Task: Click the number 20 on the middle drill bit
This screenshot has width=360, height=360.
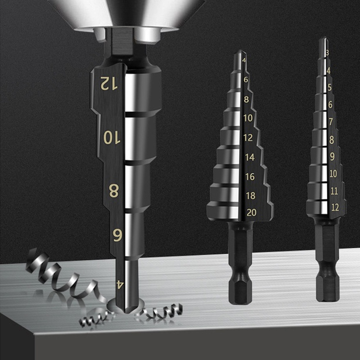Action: (251, 213)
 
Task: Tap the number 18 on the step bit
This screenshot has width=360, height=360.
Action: (251, 195)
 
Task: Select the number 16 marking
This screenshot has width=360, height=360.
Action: (250, 176)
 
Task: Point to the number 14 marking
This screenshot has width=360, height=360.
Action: (250, 157)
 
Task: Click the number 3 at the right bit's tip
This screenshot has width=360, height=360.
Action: (327, 53)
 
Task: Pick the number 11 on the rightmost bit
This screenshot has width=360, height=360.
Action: (334, 191)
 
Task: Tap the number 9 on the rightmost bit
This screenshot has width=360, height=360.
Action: (332, 157)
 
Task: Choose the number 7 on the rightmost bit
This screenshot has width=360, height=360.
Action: (331, 122)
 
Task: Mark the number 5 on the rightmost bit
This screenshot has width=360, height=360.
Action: (330, 87)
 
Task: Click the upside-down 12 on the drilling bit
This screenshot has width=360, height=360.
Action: (109, 84)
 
